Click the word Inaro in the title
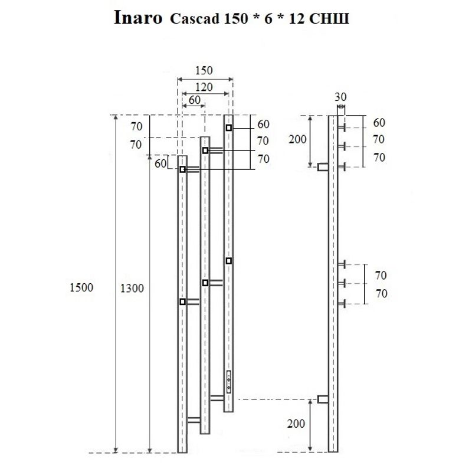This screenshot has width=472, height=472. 137,19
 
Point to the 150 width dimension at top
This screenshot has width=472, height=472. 204,70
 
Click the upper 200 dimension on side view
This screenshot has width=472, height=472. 298,140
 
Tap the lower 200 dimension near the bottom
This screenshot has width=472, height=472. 298,424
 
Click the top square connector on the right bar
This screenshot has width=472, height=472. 228,128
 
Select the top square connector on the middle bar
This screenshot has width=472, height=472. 205,151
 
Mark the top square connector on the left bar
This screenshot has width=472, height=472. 183,169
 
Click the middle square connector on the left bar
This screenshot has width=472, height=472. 182,301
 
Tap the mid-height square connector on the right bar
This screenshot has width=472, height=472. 228,261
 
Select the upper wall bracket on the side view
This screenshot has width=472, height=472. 323,168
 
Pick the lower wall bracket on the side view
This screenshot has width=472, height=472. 323,399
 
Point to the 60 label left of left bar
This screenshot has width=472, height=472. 160,163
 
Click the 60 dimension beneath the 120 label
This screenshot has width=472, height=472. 194,100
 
